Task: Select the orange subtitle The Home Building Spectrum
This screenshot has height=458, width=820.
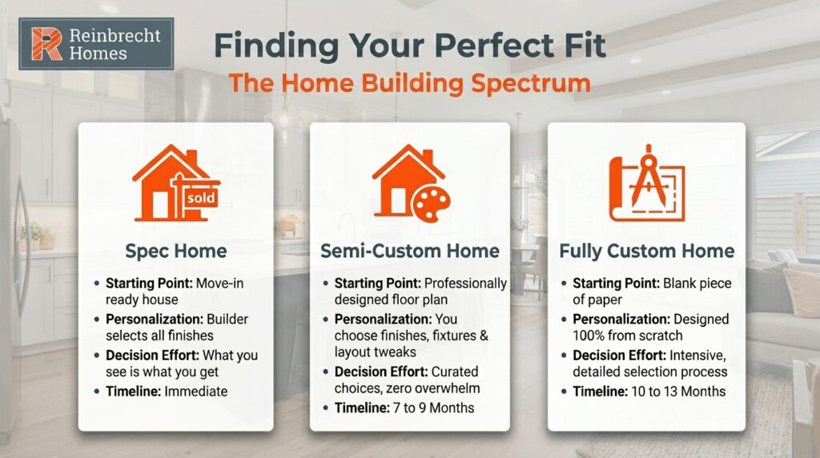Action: [409, 82]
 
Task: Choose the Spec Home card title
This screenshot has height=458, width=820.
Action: [176, 251]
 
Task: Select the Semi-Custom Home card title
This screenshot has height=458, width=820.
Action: [409, 251]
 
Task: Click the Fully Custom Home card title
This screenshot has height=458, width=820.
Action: [646, 251]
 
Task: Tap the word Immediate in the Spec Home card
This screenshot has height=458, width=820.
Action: [197, 391]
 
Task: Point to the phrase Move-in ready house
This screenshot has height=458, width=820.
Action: [184, 291]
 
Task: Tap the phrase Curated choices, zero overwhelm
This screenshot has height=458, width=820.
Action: [408, 380]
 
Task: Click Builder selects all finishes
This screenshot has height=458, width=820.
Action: [184, 327]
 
